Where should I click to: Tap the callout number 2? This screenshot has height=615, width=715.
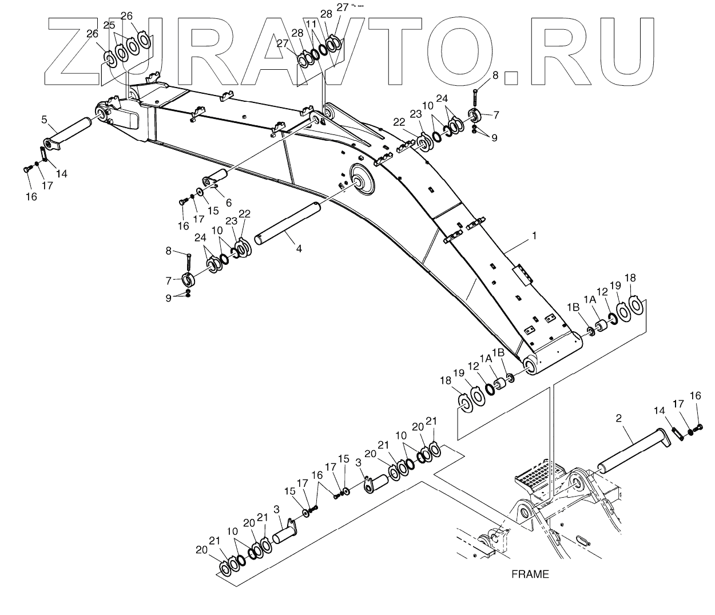click(619, 418)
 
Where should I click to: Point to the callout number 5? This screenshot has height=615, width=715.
click(44, 120)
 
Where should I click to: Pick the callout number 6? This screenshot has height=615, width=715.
click(228, 202)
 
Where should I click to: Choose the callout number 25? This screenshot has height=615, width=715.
click(109, 25)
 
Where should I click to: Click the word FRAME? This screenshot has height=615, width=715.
click(530, 574)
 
